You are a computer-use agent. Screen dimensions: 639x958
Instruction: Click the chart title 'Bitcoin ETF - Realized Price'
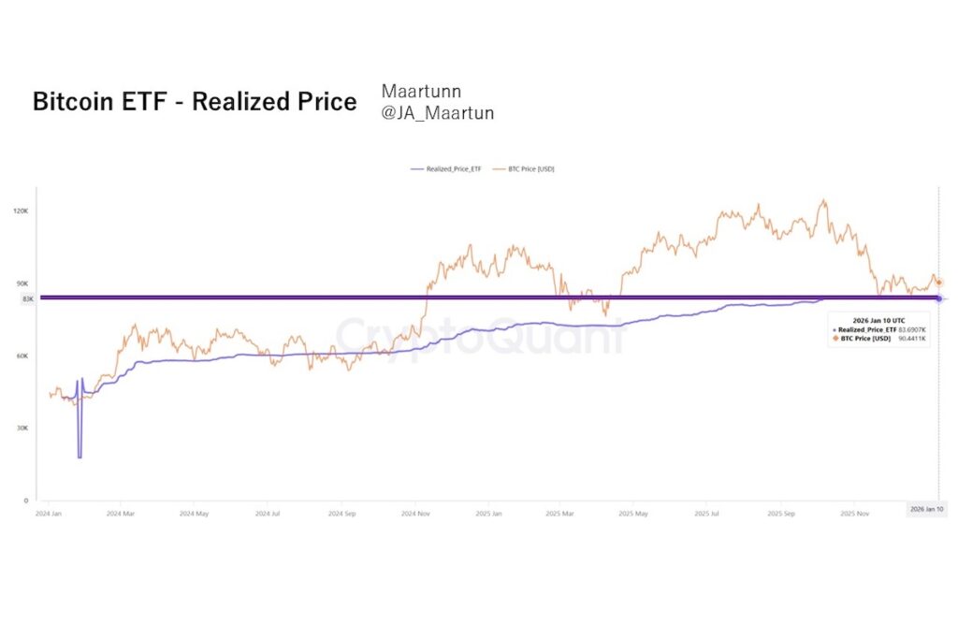coord(195,102)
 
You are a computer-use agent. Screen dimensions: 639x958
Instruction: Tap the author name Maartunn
coord(421,91)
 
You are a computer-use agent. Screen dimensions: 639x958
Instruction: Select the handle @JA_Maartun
coord(437,113)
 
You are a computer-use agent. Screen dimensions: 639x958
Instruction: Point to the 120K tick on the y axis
coord(21,211)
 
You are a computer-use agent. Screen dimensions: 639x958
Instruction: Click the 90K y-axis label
coord(22,283)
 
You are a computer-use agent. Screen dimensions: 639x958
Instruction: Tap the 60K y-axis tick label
coord(22,356)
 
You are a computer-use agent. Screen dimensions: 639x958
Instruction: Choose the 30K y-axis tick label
coord(22,428)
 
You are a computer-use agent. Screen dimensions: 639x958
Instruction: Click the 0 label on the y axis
coord(27,501)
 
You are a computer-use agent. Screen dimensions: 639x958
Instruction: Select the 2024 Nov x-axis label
coord(414,514)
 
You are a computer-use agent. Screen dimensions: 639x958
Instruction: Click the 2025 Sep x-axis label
coord(780,514)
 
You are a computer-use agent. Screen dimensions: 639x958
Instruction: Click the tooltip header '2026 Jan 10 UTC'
coord(878,320)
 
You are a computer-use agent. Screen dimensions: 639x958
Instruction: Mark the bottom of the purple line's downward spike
coord(80,457)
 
